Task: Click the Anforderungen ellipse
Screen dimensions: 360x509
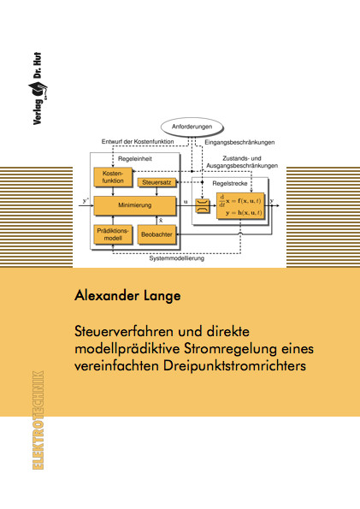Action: point(192,127)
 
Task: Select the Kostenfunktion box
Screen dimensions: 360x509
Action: point(113,177)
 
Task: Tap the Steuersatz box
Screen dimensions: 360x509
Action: point(156,182)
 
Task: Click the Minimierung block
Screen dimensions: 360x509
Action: point(135,205)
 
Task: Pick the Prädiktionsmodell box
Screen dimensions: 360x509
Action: point(113,234)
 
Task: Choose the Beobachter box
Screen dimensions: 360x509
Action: point(156,234)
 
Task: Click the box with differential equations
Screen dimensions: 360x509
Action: point(240,206)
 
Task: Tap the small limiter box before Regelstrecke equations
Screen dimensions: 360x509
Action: point(203,206)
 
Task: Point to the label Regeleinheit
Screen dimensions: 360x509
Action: point(135,159)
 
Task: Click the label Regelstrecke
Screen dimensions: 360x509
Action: point(230,183)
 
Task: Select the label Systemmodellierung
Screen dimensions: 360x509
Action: point(177,258)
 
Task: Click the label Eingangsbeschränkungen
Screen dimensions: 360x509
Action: point(239,142)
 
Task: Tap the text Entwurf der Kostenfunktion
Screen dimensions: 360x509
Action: point(138,141)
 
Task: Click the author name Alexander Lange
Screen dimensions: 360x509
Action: point(127,296)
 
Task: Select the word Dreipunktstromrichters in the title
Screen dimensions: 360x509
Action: point(234,366)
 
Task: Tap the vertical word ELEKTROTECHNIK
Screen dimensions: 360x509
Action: point(38,420)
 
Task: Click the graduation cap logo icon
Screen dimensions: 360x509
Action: point(38,89)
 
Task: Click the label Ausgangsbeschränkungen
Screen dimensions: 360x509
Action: point(242,166)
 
